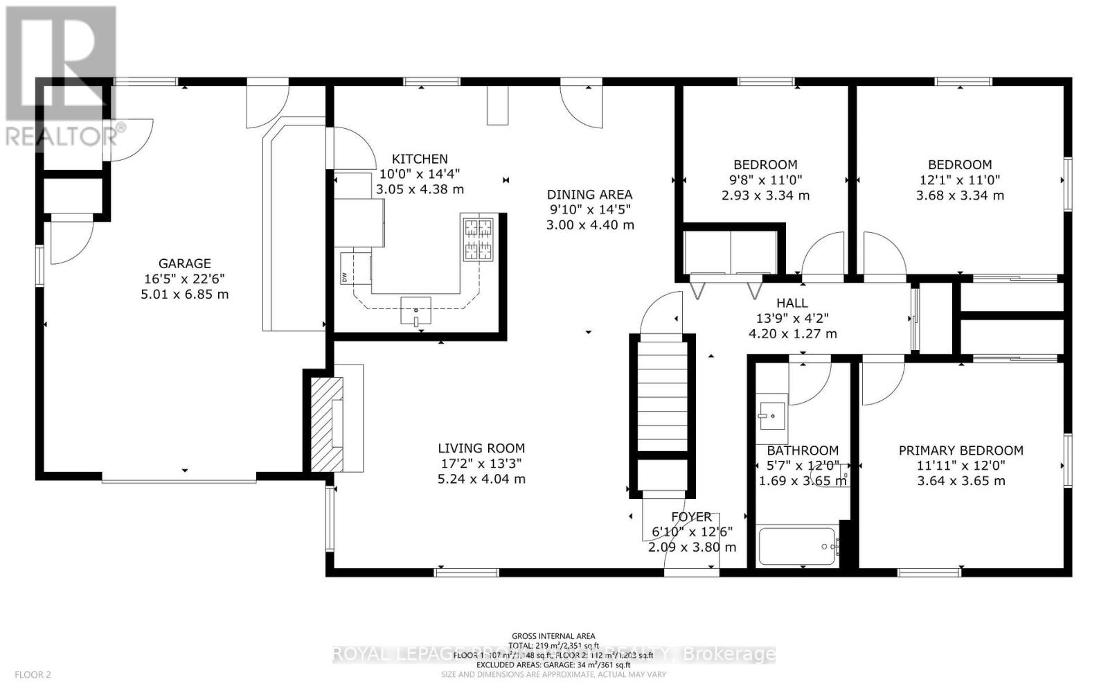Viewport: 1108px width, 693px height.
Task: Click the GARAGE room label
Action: click(184, 263)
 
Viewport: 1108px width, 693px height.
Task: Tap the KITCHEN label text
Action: click(420, 159)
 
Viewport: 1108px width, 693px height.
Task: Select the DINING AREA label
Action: click(589, 195)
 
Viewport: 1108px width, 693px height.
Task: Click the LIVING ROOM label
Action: click(481, 448)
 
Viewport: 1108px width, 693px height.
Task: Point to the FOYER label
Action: click(691, 517)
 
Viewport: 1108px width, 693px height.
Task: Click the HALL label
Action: click(792, 303)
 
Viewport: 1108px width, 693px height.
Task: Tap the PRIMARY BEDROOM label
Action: click(960, 450)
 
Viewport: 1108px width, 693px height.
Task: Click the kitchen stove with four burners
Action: click(478, 239)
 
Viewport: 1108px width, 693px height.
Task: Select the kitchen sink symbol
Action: click(415, 310)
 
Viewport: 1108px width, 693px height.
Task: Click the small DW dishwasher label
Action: click(344, 277)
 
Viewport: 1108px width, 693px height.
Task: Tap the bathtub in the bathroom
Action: click(797, 547)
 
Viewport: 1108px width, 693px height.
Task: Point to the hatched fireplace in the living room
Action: click(325, 423)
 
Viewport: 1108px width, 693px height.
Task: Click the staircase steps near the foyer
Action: click(661, 395)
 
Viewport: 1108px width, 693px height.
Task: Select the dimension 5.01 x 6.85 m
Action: click(184, 294)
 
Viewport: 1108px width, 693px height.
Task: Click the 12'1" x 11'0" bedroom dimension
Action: click(960, 179)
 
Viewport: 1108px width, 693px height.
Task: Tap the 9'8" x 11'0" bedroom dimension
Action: click(765, 179)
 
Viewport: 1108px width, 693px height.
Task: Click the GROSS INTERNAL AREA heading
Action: click(553, 635)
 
